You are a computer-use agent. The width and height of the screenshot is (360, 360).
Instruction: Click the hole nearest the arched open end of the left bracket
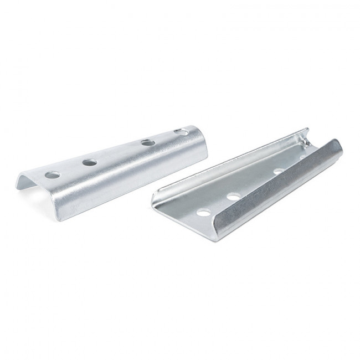(53, 174)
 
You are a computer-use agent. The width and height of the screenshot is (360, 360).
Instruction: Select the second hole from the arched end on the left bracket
(90, 163)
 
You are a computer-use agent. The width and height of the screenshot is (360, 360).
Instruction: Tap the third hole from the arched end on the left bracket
(148, 142)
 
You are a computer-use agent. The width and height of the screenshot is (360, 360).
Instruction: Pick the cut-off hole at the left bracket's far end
(181, 131)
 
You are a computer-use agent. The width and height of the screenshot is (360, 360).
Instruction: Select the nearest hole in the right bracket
(204, 212)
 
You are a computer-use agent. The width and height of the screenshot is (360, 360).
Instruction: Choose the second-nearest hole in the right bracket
(234, 196)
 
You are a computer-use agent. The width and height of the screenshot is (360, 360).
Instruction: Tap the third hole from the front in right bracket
(279, 172)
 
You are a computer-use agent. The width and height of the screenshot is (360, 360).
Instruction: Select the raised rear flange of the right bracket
(233, 161)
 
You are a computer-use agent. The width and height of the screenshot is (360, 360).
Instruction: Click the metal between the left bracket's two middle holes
(119, 153)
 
